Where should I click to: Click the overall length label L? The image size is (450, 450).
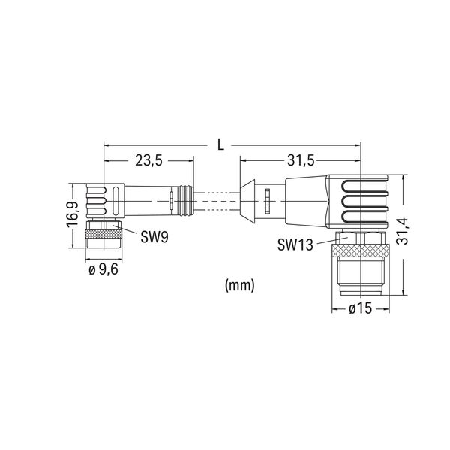(220, 145)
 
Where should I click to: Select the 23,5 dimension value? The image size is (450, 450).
(148, 161)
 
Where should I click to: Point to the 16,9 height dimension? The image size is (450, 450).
(72, 215)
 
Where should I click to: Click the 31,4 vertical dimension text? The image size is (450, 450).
(402, 231)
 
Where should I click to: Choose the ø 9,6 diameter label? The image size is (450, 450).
(103, 269)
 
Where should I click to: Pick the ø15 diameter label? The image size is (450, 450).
(361, 309)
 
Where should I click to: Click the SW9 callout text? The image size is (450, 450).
(154, 237)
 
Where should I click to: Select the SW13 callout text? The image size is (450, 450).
(295, 244)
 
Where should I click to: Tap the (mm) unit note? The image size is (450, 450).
(240, 286)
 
